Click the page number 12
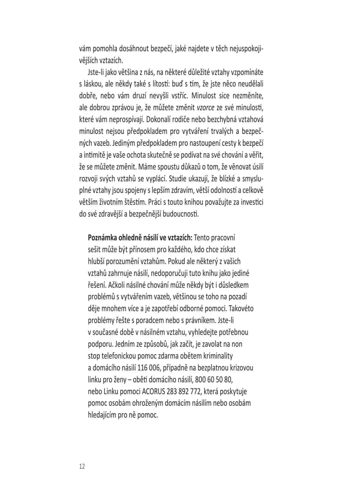click(x=82, y=466)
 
